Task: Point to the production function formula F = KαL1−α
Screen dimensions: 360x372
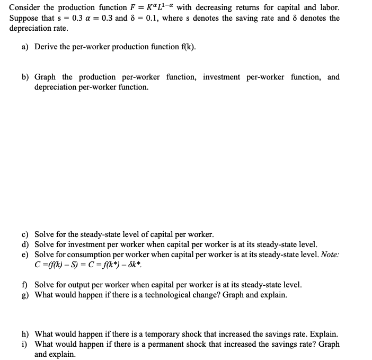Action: tap(148, 8)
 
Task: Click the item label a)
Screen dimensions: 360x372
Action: tap(25, 47)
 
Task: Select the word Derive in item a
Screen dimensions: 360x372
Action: tap(46, 47)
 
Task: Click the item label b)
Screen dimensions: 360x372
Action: tap(25, 77)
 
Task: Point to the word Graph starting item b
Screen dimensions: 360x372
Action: tap(45, 77)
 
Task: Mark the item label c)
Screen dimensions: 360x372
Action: tap(25, 234)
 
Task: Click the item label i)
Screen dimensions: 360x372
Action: tap(24, 345)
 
